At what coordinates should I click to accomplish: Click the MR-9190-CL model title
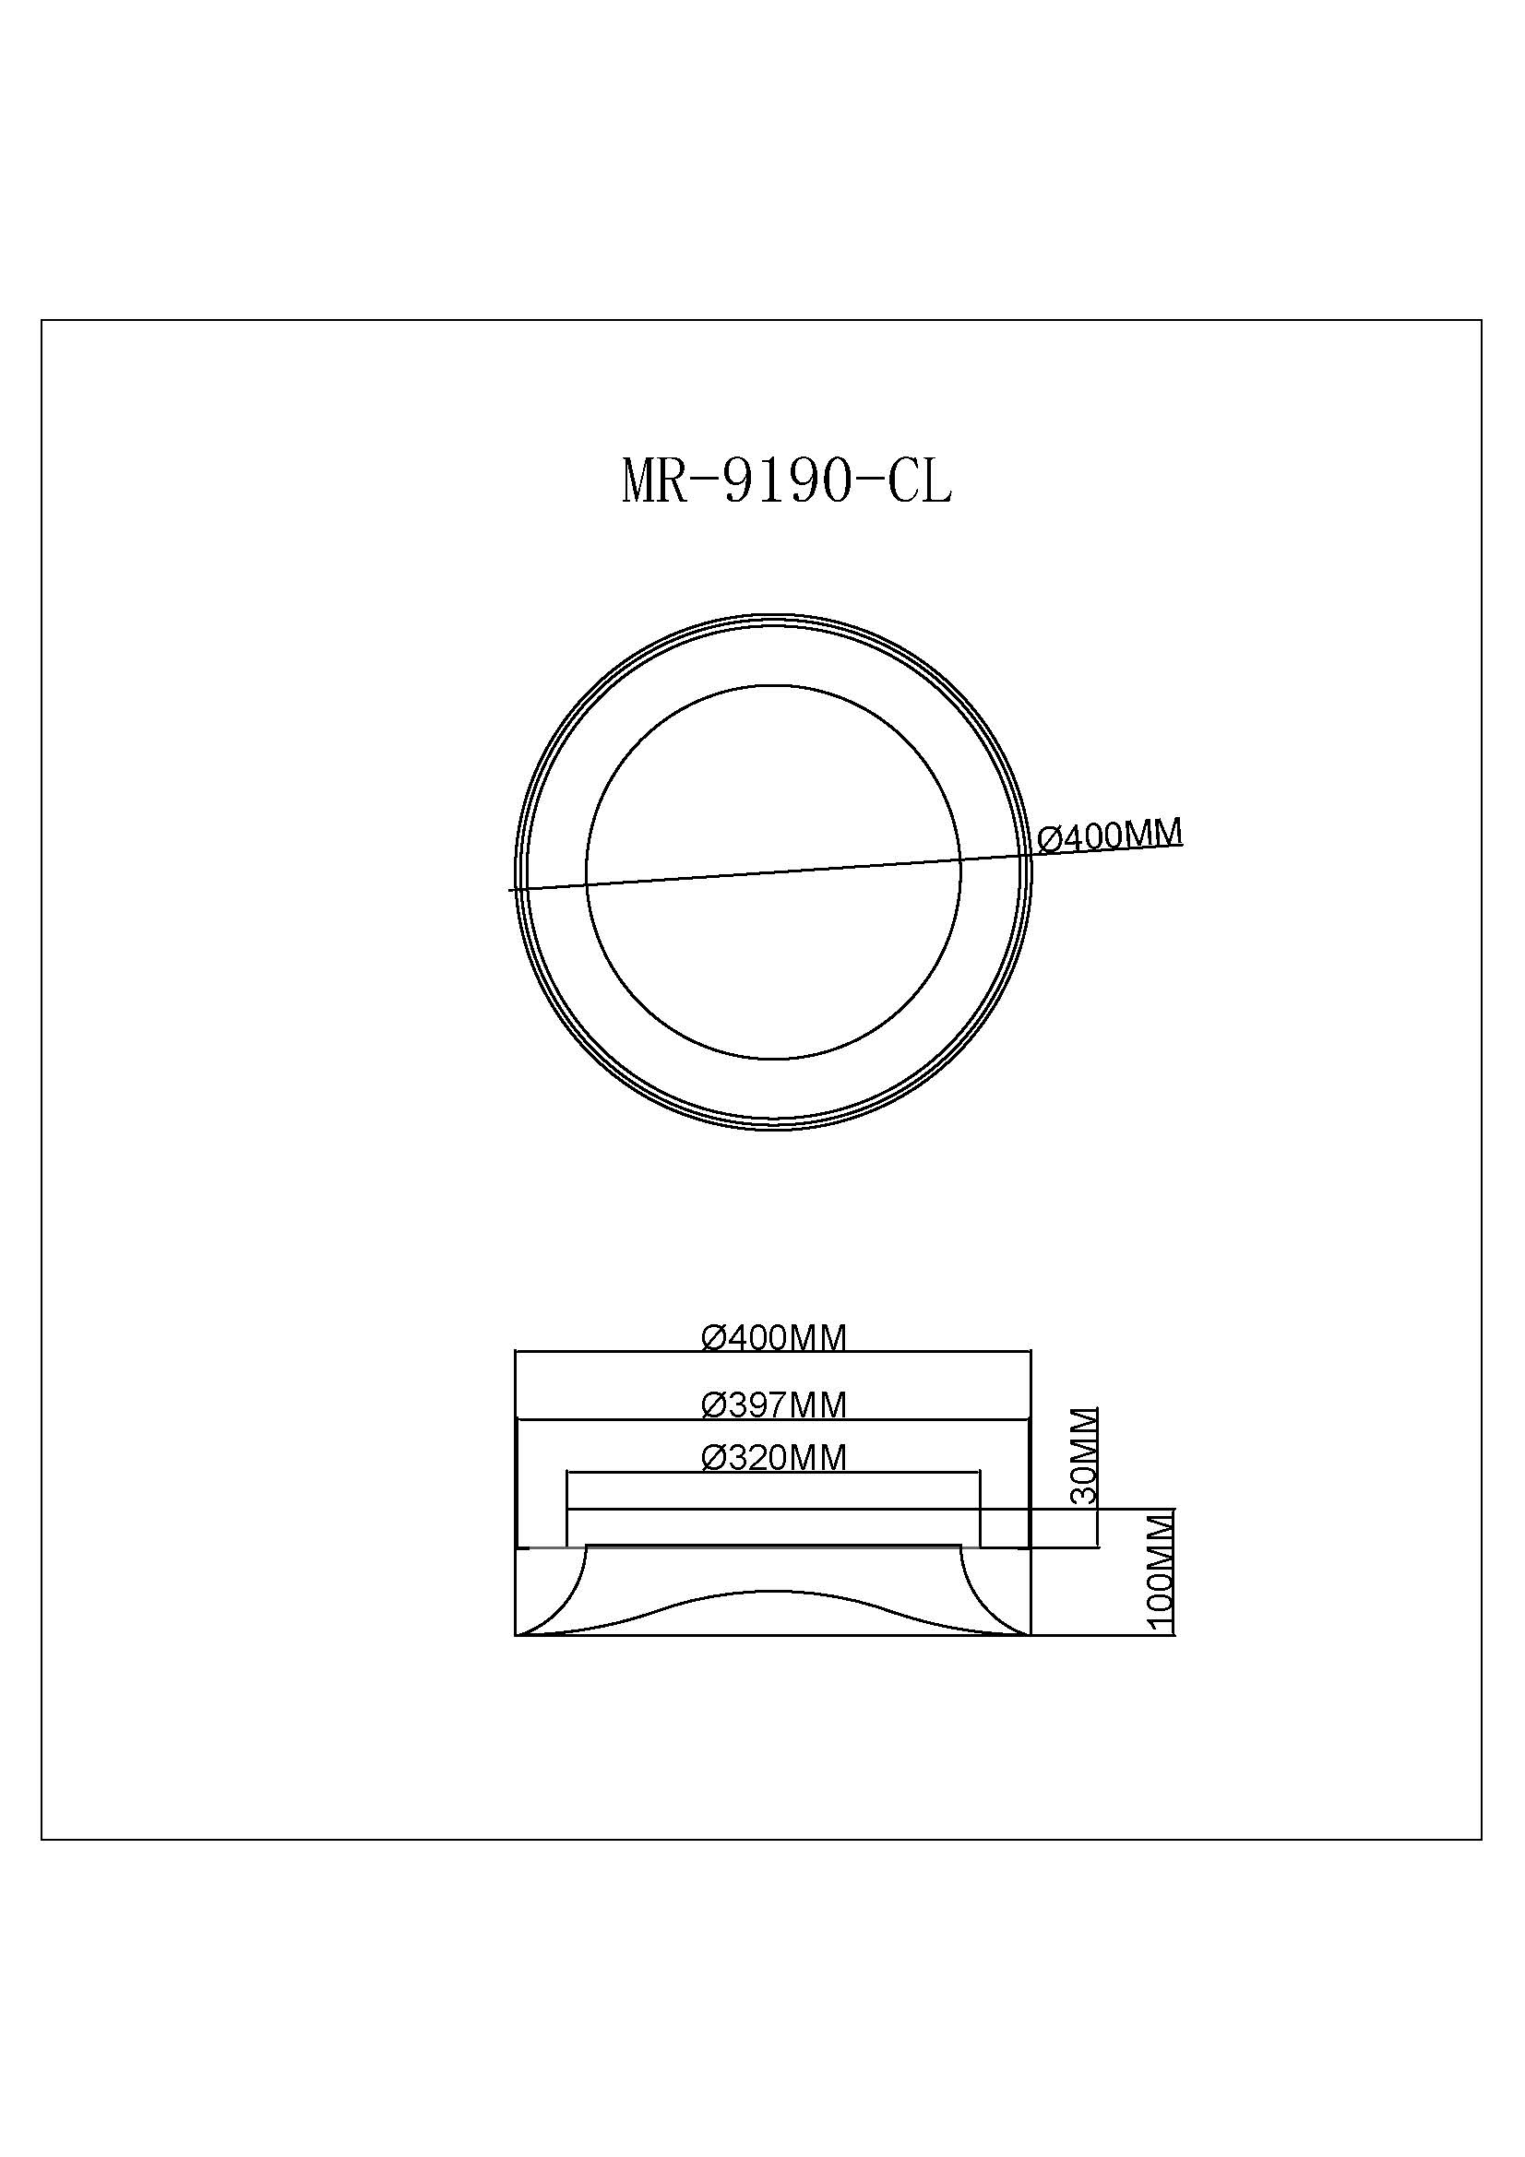click(786, 482)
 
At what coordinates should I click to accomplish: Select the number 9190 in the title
click(786, 482)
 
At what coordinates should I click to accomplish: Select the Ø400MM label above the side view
click(775, 1337)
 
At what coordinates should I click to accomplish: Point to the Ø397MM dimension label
click(775, 1404)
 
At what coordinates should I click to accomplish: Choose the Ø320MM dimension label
click(775, 1457)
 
